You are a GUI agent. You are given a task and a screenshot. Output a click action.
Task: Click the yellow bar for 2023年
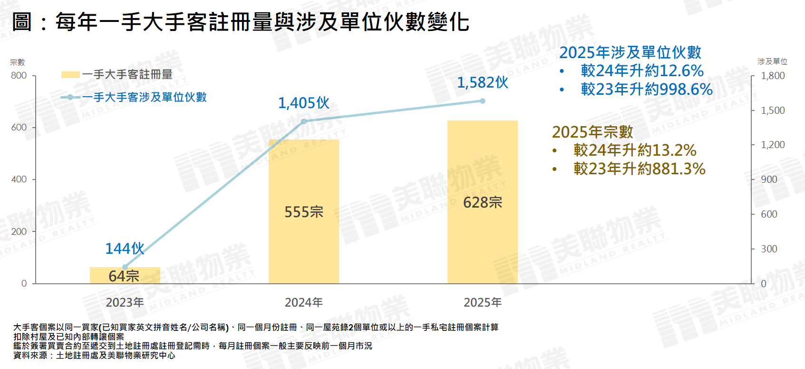point(125,276)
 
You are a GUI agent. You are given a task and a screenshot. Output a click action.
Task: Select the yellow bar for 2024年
point(303,211)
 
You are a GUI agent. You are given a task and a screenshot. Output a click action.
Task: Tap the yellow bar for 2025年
point(482,202)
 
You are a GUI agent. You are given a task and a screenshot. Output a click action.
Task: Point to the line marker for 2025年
point(482,101)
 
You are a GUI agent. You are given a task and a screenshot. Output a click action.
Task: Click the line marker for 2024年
point(304,121)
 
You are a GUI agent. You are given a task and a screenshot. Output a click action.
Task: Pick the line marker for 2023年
point(125,267)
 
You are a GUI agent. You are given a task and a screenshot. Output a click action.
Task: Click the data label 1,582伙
point(482,83)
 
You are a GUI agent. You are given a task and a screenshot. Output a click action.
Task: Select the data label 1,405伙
point(303,103)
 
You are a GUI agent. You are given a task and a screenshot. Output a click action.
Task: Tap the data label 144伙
point(125,249)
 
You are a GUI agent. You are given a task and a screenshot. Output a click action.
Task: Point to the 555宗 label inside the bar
point(304,212)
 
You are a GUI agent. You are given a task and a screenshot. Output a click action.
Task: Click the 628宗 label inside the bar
point(483,202)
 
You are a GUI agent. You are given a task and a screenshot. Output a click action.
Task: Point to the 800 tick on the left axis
point(19,75)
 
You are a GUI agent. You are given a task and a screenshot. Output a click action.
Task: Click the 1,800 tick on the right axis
point(773,76)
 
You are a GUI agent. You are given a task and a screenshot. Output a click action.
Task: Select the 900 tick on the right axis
point(769,180)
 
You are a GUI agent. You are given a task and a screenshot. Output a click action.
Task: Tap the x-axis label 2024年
point(303,302)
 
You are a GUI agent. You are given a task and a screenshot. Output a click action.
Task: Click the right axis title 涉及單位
point(772,61)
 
